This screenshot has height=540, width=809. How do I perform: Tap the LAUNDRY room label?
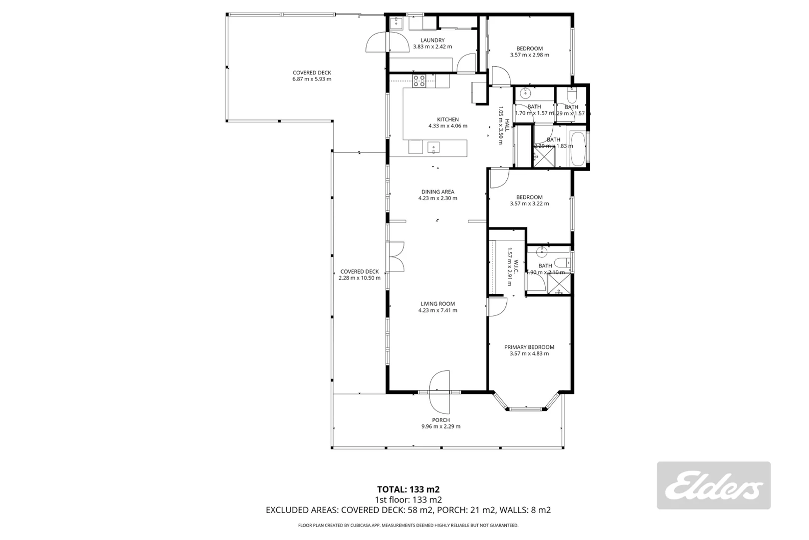coord(432,40)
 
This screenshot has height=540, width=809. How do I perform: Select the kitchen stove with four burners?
coord(419,80)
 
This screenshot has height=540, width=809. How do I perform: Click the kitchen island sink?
coord(433,147)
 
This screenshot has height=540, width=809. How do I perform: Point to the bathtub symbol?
coord(579,149)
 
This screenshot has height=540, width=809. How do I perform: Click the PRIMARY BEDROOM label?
coord(529,347)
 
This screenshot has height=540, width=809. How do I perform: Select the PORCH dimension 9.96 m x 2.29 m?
coord(440,426)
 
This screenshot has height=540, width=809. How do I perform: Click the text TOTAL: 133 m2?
coord(408,489)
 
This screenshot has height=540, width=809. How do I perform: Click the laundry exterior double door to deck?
coord(387,42)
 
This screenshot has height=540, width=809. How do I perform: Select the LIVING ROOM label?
coord(437,303)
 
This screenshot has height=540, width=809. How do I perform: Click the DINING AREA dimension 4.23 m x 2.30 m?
coord(437,198)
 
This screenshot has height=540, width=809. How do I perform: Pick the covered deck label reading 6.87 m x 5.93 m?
coord(312,79)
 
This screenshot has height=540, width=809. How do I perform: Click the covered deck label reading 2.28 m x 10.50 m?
coord(359,278)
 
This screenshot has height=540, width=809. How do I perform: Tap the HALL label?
coord(506,125)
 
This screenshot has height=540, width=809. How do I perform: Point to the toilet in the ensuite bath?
coord(561,262)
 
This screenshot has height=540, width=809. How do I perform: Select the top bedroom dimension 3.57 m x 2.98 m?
coord(529,55)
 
